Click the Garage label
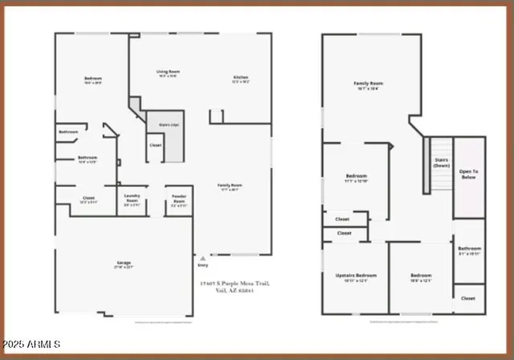[124, 263]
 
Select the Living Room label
[168, 72]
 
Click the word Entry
[202, 264]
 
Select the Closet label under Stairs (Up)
[155, 145]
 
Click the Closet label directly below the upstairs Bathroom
[468, 297]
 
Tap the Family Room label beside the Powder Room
[231, 186]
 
